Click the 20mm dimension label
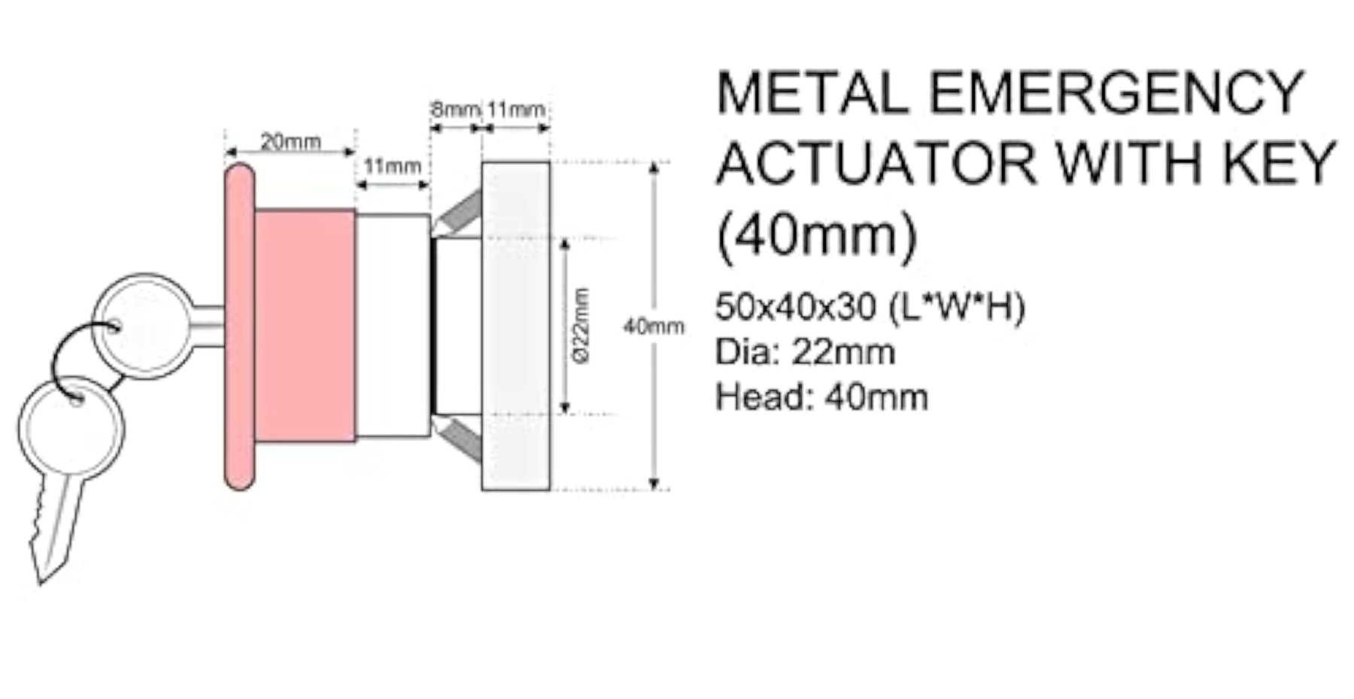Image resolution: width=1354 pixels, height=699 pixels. (x=290, y=141)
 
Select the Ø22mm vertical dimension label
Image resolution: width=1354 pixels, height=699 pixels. (x=580, y=325)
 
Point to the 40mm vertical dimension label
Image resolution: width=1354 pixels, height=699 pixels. (x=654, y=327)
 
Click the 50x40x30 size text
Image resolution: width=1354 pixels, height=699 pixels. (x=795, y=307)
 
